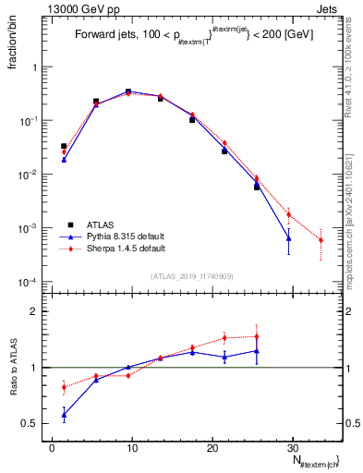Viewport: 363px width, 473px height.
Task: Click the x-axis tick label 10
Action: click(131, 448)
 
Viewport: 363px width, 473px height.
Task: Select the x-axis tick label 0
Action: click(52, 448)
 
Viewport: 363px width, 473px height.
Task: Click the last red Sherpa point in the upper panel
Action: click(321, 240)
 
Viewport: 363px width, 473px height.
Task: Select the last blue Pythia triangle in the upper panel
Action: click(289, 238)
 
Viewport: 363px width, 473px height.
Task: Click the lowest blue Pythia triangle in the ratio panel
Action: click(64, 416)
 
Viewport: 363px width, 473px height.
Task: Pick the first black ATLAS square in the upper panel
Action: click(64, 146)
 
